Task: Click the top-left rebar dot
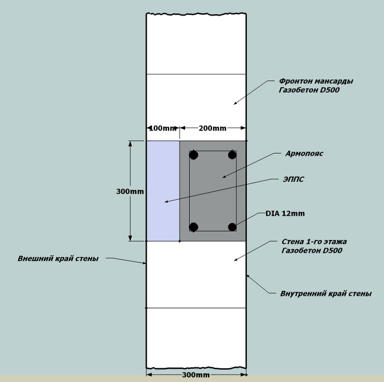193,154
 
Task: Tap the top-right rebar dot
232,154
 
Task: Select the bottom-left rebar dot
193,227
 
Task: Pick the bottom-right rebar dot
232,227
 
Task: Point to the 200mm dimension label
213,128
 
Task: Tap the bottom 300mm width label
196,376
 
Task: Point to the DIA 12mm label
285,213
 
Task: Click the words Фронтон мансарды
316,81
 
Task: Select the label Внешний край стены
58,258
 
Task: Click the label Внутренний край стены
326,293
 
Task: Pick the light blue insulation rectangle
163,191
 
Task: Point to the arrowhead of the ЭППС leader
165,202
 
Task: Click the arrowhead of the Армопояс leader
222,177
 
